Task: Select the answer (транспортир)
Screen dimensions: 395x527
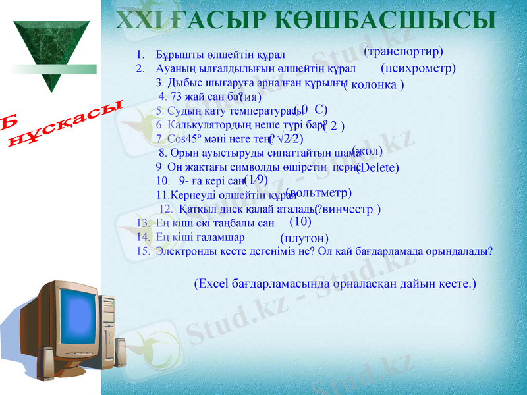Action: tap(403, 51)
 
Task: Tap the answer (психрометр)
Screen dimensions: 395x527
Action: tap(418, 67)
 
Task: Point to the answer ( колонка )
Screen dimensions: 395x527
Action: tap(374, 85)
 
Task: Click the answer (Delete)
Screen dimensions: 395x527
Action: tap(378, 167)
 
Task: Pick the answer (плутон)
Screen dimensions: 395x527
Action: tap(304, 238)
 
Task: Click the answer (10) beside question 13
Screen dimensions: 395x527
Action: tap(300, 221)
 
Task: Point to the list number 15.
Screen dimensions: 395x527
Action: tap(141, 251)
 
